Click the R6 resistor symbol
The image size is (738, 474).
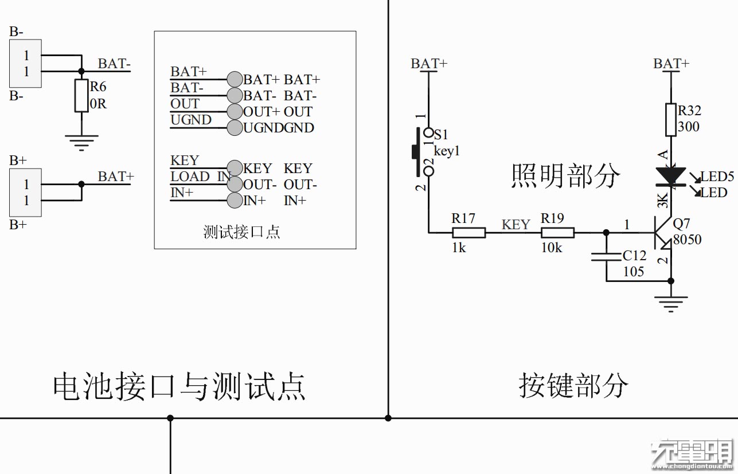(x=81, y=96)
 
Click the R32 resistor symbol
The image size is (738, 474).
(x=671, y=120)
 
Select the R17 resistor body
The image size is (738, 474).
(x=469, y=233)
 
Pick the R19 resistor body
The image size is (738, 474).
(x=558, y=233)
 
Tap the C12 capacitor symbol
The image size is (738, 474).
(x=607, y=256)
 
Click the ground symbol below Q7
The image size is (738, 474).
(x=671, y=302)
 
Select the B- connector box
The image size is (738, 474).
(x=26, y=64)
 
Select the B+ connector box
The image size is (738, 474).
(x=26, y=193)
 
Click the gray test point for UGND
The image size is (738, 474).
(x=235, y=127)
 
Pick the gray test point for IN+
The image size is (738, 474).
(x=235, y=201)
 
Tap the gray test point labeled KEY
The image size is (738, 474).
(x=235, y=168)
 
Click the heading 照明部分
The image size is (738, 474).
(x=565, y=176)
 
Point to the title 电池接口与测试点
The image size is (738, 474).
(x=179, y=387)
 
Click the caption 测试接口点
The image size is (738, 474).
(x=241, y=232)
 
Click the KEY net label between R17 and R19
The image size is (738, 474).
(x=516, y=225)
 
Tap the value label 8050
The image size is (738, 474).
(x=688, y=240)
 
